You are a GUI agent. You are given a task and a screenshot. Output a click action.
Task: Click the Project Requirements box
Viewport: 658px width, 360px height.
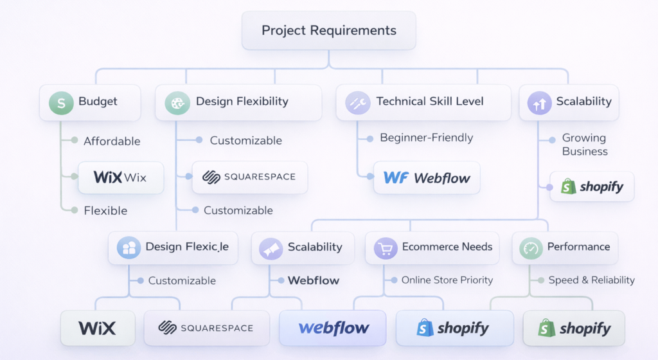[x=328, y=30]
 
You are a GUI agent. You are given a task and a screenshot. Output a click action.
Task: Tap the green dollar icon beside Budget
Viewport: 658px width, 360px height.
[x=62, y=102]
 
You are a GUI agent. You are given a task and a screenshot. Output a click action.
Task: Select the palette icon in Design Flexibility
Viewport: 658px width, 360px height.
[x=177, y=102]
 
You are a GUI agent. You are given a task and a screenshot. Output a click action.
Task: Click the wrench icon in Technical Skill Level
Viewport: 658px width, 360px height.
[x=357, y=102]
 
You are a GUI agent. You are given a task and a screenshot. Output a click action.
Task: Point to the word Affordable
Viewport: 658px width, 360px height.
[x=112, y=141]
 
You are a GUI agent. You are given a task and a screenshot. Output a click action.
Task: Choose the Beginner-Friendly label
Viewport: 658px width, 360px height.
[x=426, y=138]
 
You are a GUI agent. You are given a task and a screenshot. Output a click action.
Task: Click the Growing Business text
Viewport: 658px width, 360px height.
[x=584, y=145]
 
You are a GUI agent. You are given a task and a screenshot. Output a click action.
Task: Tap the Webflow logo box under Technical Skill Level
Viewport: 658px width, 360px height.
[x=427, y=178]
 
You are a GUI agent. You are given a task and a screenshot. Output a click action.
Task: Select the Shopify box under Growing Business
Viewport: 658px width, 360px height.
[x=592, y=187]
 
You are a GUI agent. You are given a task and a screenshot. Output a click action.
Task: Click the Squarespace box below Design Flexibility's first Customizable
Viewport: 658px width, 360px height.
[x=249, y=177]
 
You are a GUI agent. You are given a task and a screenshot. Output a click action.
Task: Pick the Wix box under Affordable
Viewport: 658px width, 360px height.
[x=120, y=177]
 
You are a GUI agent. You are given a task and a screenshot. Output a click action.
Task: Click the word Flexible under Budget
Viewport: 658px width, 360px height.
[x=105, y=211]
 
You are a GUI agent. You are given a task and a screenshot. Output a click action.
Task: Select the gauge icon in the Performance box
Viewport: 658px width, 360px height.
[x=531, y=248]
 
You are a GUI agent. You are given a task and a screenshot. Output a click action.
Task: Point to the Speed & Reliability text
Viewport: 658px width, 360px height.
[x=591, y=280]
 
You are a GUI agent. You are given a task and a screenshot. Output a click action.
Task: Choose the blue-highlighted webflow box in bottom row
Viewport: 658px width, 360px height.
[x=333, y=328]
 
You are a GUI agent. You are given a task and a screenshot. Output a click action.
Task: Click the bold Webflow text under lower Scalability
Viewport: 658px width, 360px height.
[x=314, y=280]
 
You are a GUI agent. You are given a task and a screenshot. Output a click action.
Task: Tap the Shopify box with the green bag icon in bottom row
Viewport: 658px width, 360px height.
[x=574, y=328]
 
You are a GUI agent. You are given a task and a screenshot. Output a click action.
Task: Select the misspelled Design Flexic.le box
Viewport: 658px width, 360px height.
[x=173, y=248]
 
